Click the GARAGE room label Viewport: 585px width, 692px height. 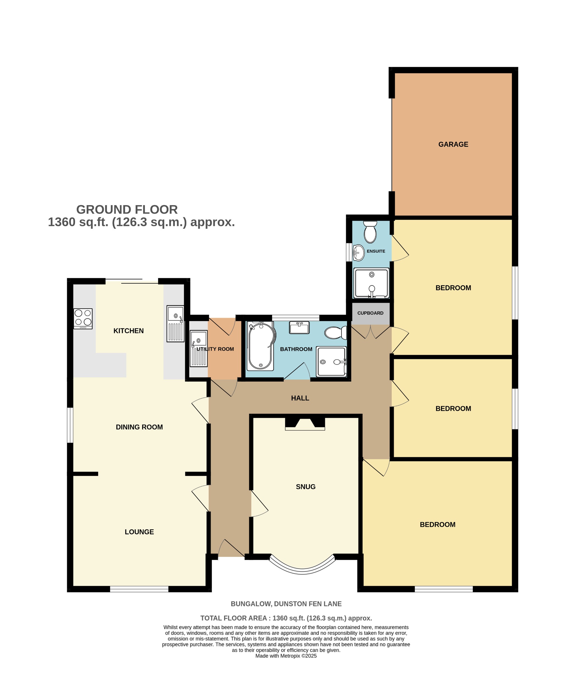pyautogui.click(x=453, y=144)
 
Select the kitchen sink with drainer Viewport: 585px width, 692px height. pyautogui.click(x=175, y=324)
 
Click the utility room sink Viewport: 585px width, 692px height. pyautogui.click(x=198, y=348)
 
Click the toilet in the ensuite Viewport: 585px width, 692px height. pyautogui.click(x=370, y=232)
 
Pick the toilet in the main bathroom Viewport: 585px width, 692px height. pyautogui.click(x=336, y=333)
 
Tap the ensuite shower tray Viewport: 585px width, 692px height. pyautogui.click(x=371, y=283)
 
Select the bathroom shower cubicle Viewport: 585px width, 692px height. pyautogui.click(x=331, y=362)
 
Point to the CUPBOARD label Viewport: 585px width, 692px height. pyautogui.click(x=370, y=313)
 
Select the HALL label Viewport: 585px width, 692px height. pyautogui.click(x=300, y=398)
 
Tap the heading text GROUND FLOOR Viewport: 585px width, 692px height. pyautogui.click(x=127, y=209)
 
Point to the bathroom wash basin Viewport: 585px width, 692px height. pyautogui.click(x=299, y=327)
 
